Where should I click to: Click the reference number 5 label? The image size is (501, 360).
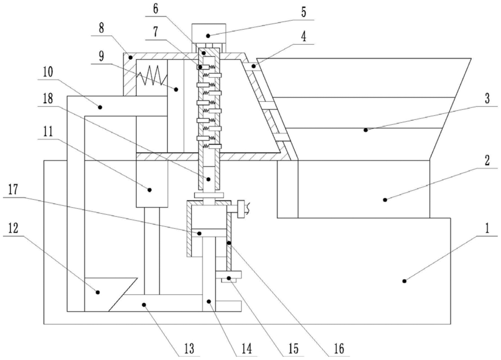coord(303,12)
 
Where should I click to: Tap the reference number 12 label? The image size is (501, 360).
coord(11,228)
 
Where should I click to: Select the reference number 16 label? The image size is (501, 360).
coord(339,349)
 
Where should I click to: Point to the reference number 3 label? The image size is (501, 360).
coord(487,98)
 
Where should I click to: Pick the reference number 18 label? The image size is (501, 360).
coord(48,98)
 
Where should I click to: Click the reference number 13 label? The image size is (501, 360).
coord(190,349)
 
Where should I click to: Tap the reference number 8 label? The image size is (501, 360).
coord(101,28)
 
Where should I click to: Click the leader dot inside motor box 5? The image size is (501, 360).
coord(208,36)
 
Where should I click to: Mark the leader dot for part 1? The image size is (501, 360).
coord(404,281)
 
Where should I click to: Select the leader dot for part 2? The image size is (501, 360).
coord(385,200)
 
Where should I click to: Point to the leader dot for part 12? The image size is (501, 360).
coord(98,292)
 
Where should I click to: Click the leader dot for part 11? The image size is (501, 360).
coord(149,190)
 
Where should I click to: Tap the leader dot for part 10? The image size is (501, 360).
coord(100,107)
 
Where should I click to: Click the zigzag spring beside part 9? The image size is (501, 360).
coord(152,76)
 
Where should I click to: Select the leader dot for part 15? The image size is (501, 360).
coord(229,278)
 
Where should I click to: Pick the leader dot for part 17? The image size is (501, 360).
coord(199,233)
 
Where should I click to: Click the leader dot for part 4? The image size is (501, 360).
coord(253,67)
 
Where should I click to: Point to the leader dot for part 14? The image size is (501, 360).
coord(209,301)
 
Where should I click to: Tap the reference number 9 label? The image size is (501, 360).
coord(101,56)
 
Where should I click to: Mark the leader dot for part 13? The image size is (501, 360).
coord(144,305)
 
